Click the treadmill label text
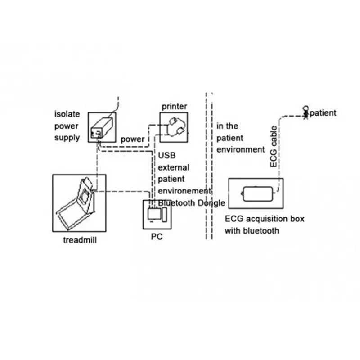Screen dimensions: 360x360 [80, 240]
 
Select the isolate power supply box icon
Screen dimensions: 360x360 [101, 127]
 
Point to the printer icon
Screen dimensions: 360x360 [174, 127]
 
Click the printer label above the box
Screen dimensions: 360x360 [174, 106]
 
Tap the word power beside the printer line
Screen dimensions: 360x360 [133, 139]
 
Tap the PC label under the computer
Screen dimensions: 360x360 [157, 236]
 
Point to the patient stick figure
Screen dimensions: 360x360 [306, 112]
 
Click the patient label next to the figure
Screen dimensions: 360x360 [323, 112]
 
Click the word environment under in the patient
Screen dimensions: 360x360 [241, 149]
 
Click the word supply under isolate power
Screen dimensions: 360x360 [67, 137]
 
